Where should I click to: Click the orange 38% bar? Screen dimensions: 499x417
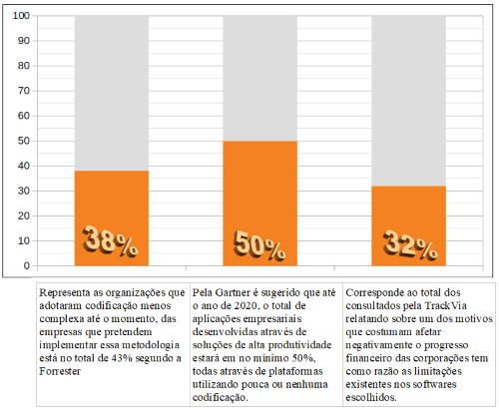(112, 218)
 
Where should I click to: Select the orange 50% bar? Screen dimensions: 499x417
(259, 204)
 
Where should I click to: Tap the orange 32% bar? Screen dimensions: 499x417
(408, 225)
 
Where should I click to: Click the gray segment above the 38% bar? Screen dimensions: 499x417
(112, 93)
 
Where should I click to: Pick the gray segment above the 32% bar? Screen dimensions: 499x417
(408, 101)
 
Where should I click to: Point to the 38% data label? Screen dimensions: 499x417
(110, 240)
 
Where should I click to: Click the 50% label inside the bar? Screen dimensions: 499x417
(259, 244)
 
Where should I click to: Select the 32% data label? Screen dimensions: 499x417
(410, 244)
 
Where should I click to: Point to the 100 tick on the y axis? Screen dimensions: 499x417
(21, 16)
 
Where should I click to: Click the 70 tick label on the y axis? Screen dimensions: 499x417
(24, 91)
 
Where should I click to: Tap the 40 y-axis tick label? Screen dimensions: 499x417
(24, 166)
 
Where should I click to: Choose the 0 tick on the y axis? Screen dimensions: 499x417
(27, 265)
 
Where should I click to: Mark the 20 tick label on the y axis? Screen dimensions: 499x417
(24, 215)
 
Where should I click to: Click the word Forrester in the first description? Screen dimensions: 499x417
(60, 371)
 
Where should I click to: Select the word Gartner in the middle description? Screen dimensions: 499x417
(233, 292)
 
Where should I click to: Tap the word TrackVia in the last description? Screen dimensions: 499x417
(445, 305)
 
